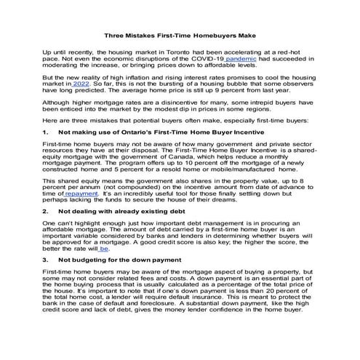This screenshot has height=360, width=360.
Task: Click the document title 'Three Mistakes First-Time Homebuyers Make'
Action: [x=180, y=35]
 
